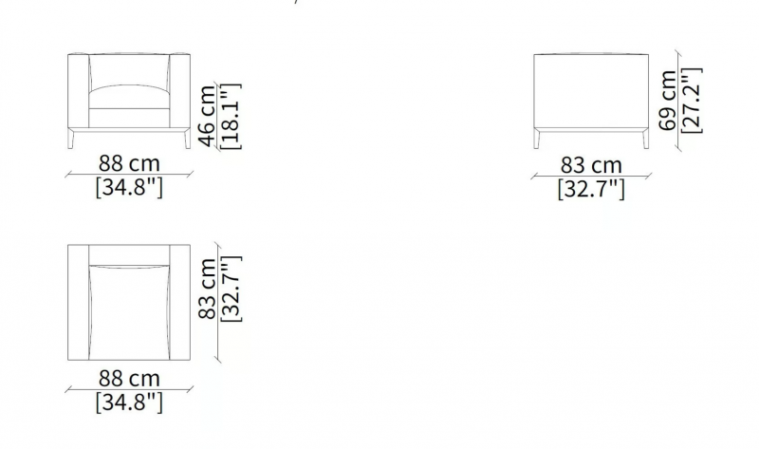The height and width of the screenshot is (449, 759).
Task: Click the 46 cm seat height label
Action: point(207,116)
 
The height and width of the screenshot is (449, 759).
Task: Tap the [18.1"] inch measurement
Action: point(231,116)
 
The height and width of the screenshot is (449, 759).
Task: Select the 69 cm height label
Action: point(668,101)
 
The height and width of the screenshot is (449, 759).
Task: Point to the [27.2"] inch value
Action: point(692,101)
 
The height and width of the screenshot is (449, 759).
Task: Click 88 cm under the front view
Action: point(129,163)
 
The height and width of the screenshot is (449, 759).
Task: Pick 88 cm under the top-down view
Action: point(129,379)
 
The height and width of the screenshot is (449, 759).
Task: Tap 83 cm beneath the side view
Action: point(591,165)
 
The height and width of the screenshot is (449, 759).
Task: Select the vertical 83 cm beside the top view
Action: point(207,289)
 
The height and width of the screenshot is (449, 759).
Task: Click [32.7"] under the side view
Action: point(591,188)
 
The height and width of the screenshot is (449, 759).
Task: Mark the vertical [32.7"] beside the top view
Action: point(231,289)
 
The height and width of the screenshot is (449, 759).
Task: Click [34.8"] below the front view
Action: point(129,186)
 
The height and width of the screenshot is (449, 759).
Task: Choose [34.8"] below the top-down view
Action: point(129,402)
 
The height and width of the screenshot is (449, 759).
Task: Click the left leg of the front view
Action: point(71,139)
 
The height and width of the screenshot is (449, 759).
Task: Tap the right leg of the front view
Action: point(187,139)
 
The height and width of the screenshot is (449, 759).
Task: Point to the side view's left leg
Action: point(537,139)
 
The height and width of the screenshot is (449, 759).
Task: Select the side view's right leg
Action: point(645,139)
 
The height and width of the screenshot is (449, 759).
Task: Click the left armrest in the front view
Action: point(79,91)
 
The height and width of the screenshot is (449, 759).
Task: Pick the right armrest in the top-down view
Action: point(180,302)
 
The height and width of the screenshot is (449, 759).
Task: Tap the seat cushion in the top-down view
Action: point(129,313)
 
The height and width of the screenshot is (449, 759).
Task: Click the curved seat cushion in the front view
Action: point(129,97)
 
